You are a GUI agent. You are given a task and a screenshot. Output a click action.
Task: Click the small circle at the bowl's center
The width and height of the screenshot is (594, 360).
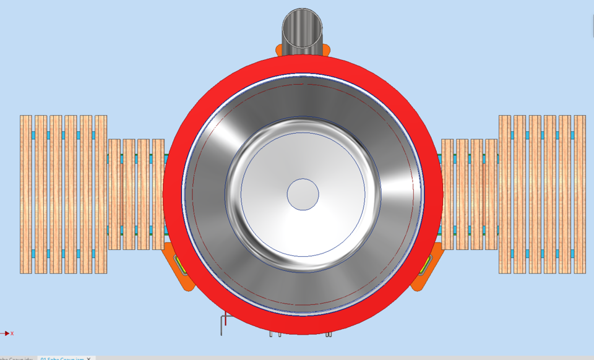click(x=303, y=194)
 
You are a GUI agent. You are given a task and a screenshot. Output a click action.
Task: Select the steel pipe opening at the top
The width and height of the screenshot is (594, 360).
click(x=303, y=27)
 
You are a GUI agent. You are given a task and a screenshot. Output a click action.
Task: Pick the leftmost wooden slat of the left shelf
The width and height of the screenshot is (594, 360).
click(x=25, y=194)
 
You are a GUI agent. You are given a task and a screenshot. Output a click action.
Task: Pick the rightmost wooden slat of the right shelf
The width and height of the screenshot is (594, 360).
click(x=580, y=194)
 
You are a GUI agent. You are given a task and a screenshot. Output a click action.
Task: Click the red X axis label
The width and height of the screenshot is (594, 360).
click(x=12, y=333)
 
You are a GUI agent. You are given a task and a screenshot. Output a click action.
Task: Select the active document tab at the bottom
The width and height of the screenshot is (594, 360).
click(x=62, y=358)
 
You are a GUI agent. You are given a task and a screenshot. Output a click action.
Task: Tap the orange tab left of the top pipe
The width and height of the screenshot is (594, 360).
click(x=278, y=49)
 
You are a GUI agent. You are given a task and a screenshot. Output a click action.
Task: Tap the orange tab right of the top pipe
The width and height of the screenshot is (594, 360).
click(x=327, y=49)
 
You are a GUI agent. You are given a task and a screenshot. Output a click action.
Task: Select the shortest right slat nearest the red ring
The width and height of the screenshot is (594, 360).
click(x=447, y=194)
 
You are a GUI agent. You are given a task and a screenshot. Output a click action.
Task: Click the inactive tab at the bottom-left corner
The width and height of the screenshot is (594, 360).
click(x=15, y=358)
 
